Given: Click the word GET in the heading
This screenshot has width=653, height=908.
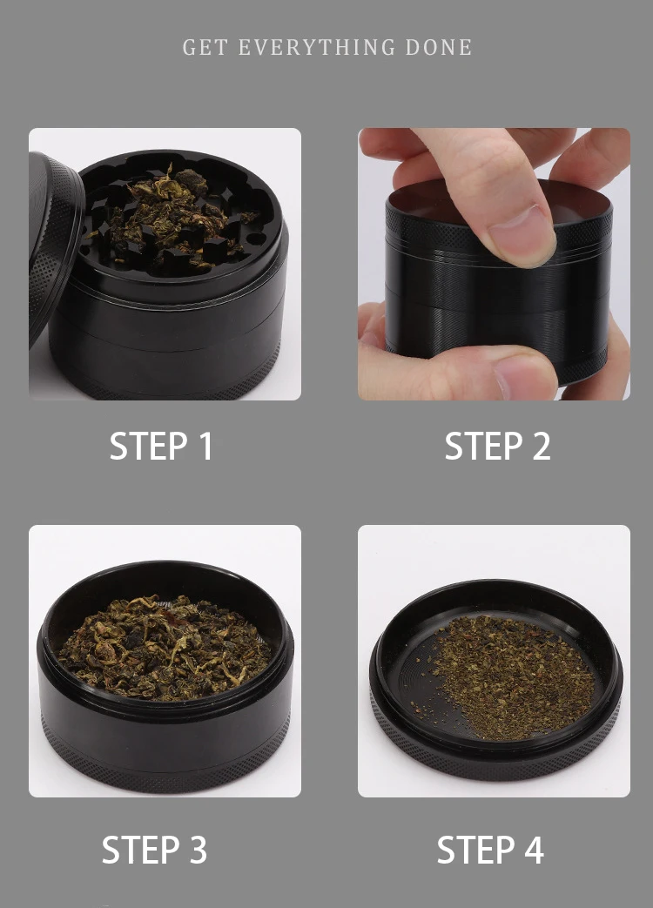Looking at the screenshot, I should tap(205, 47).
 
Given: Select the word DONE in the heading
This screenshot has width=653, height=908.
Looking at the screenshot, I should tap(439, 47).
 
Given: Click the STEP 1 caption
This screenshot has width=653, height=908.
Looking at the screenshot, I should tap(161, 447).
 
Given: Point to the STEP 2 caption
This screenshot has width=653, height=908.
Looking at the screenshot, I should tap(497, 447).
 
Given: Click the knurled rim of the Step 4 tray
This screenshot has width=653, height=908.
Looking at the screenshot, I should tap(496, 749).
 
